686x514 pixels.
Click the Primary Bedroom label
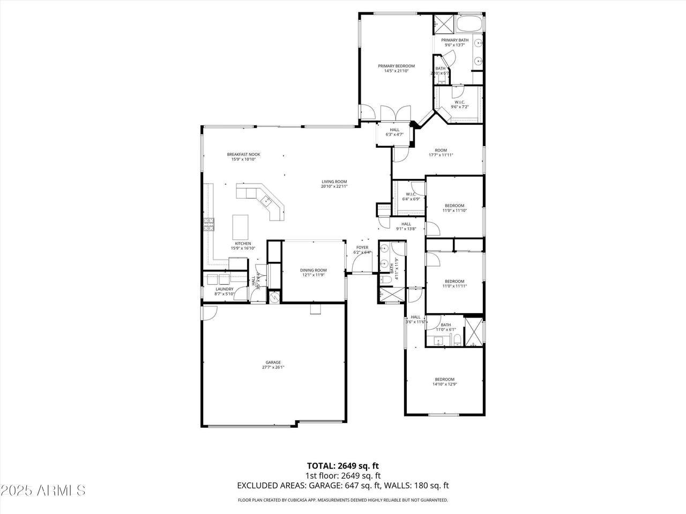pos(396,66)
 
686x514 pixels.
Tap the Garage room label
pos(273,362)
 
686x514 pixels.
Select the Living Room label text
pos(334,182)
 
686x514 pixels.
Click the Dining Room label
pos(313,270)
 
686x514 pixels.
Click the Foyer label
pos(362,247)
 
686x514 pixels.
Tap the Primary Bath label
pos(454,40)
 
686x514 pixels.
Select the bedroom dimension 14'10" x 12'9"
pos(444,384)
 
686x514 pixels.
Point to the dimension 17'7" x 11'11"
pos(441,155)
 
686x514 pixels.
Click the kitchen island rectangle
pos(241,227)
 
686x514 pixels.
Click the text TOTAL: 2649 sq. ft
pos(343,465)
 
